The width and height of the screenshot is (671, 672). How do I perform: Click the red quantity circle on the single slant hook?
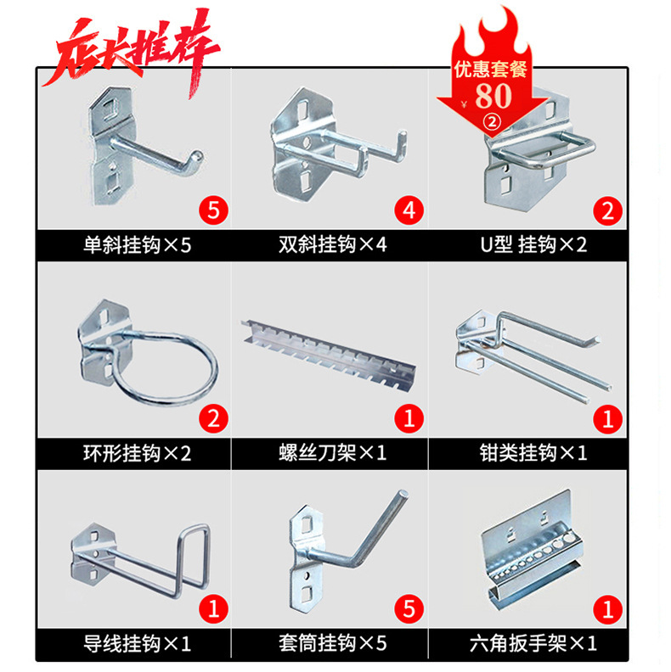coord(212,209)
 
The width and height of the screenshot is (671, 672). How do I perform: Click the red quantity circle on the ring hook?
coord(212,417)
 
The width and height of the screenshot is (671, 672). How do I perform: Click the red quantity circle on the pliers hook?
coord(608,417)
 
